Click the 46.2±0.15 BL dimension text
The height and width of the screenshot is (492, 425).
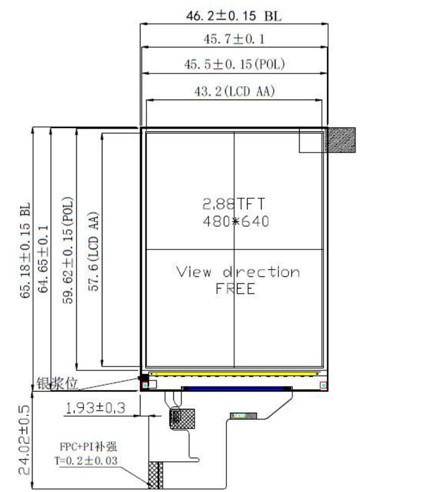tap(234, 16)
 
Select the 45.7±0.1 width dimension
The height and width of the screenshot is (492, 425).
tap(234, 40)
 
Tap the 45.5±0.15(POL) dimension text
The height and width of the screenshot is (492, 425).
tap(234, 64)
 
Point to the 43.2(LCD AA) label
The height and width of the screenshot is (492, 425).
tap(234, 92)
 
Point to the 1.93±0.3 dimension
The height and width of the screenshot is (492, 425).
tap(96, 408)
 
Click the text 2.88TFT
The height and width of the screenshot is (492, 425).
tap(234, 204)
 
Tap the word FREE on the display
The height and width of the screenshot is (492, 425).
tap(235, 289)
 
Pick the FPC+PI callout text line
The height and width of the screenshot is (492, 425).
tap(85, 447)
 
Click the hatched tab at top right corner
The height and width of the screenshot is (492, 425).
tap(341, 139)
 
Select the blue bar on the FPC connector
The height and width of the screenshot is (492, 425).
tap(236, 388)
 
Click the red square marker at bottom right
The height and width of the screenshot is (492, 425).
tap(324, 385)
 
